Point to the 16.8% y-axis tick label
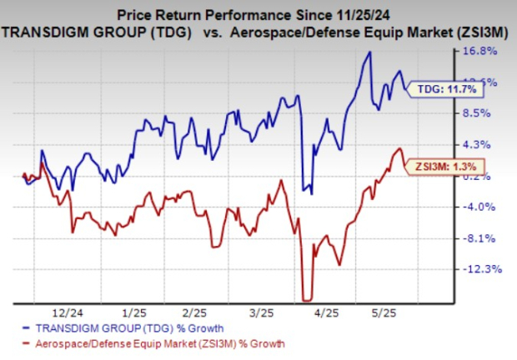click(x=482, y=50)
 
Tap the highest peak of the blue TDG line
click(x=368, y=53)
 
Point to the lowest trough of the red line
click(x=307, y=300)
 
